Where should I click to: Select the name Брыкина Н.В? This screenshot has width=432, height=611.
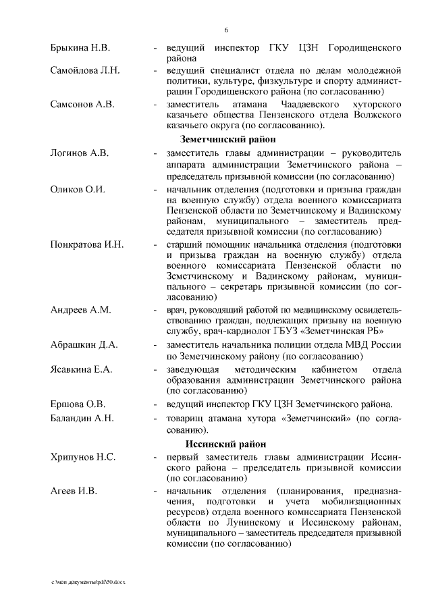[x=80, y=49]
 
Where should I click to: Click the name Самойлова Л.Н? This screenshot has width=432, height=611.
[x=85, y=70]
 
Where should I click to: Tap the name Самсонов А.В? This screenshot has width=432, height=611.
[x=82, y=105]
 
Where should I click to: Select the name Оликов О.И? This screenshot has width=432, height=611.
[x=78, y=188]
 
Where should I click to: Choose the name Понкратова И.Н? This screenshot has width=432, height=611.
[x=87, y=244]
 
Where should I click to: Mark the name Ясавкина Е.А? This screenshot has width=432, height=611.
[x=82, y=369]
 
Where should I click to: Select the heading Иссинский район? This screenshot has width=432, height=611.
[x=216, y=444]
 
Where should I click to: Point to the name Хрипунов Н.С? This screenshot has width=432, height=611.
[x=83, y=458]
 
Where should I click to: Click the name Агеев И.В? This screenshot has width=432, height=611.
[x=74, y=491]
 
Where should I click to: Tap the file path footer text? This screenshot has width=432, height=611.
[x=88, y=581]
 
